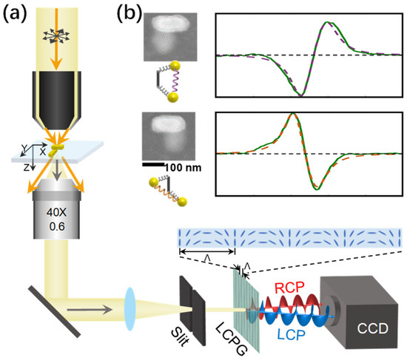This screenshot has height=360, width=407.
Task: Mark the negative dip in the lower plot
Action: [x=319, y=189]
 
